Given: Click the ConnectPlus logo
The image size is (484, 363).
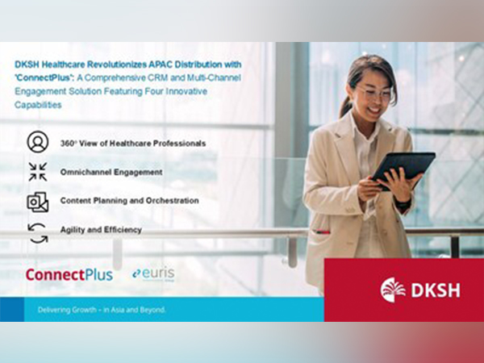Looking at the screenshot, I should pos(69,274).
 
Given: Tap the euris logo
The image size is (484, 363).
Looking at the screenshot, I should pos(153,273).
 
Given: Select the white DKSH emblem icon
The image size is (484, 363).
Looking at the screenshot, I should pos(393,290).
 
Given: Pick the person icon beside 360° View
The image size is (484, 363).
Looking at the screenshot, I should pos(37,142).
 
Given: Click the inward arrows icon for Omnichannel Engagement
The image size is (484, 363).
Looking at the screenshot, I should pos(37,172).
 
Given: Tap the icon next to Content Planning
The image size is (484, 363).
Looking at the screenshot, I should pos(37,201).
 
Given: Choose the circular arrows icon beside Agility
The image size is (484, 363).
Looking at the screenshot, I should pos(37,230).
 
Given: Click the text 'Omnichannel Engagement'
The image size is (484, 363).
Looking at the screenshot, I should pos(111,172).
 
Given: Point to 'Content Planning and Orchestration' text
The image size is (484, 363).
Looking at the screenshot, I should pos(129,200).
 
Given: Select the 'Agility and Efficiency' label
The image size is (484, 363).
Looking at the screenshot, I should pos(101,229).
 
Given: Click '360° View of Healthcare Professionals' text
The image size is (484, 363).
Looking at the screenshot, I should pos(132,143).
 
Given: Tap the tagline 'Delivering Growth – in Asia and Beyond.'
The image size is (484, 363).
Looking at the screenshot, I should pos(100,310).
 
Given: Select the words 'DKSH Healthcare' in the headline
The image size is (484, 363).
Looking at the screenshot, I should pos(56,64).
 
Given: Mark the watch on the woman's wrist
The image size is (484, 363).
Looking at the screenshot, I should pos(401,202).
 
